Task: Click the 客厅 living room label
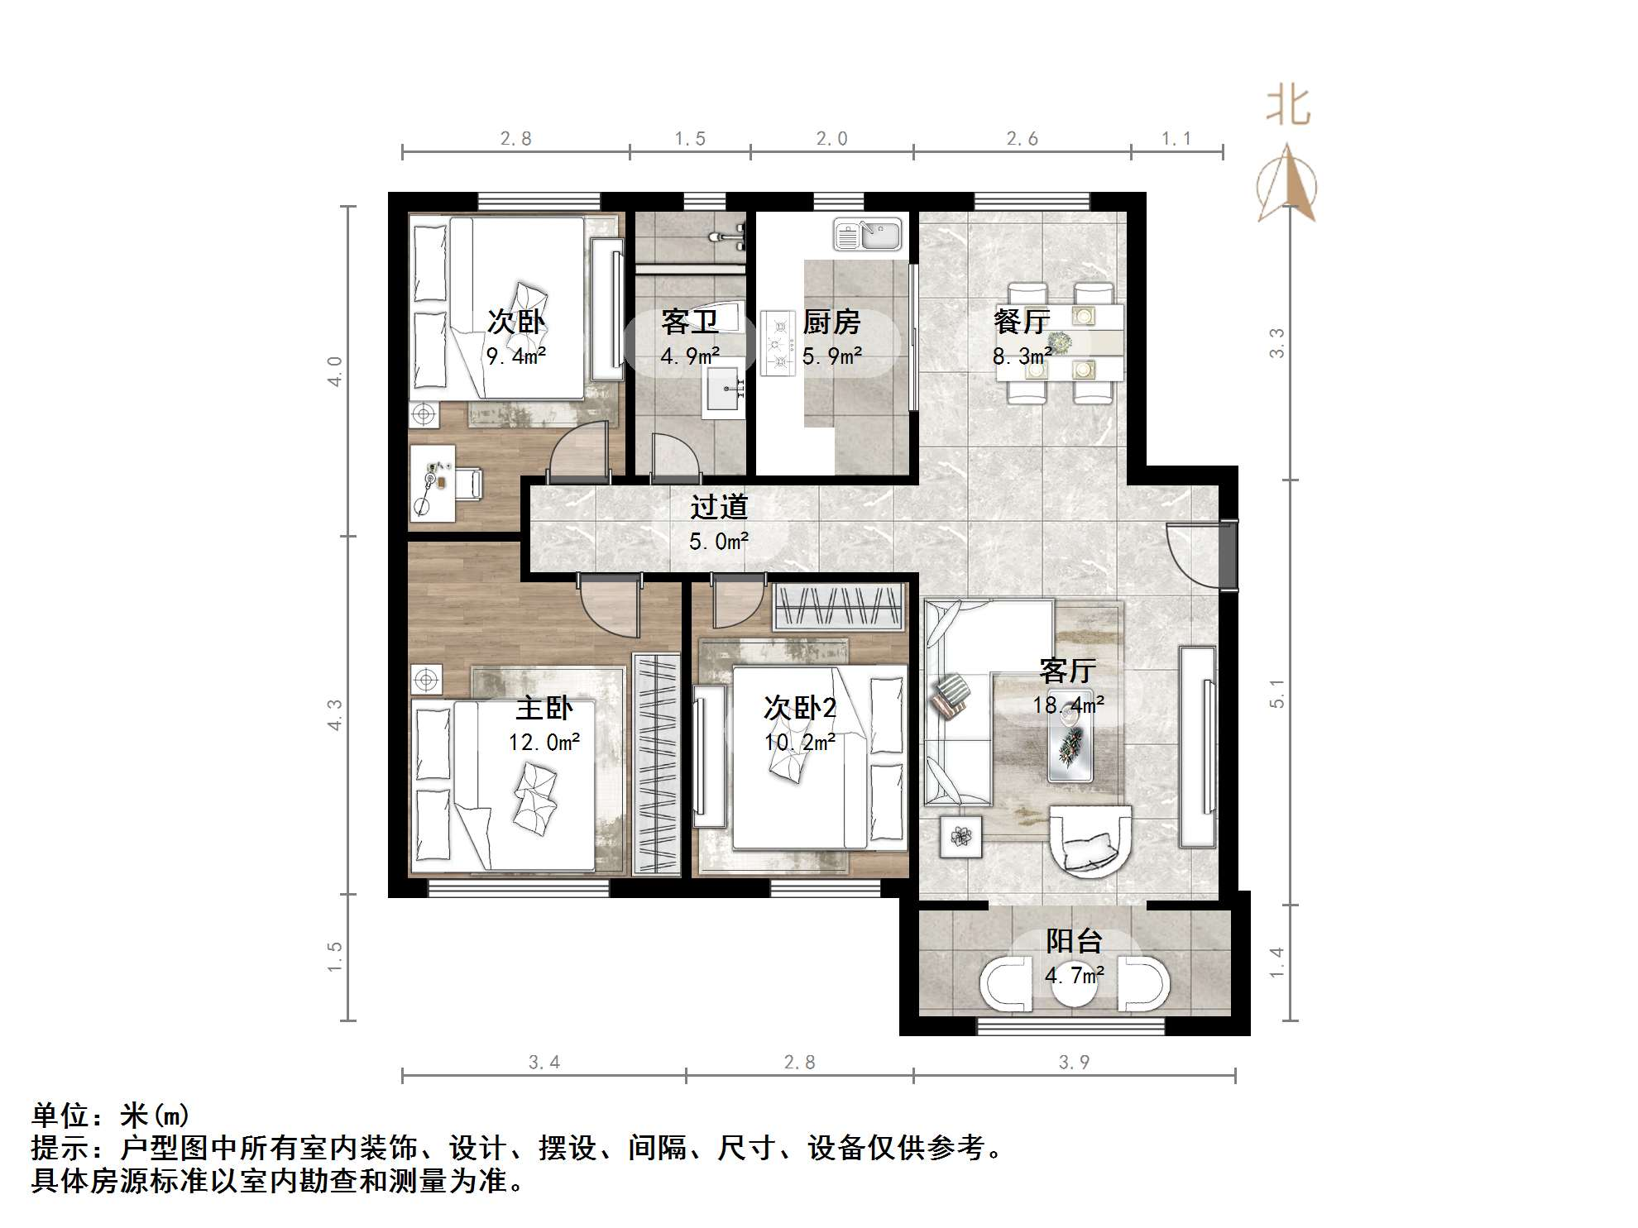coord(1068,670)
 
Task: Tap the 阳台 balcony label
coord(1074,940)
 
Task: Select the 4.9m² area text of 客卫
coord(690,356)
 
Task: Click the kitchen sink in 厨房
coord(867,234)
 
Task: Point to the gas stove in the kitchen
coord(778,342)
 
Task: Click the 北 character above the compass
coord(1288,107)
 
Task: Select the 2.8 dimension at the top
coord(515,139)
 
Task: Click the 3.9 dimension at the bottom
coord(1074,1062)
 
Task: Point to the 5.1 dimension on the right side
coord(1276,693)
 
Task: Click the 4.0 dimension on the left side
coord(335,370)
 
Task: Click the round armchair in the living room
coord(1090,839)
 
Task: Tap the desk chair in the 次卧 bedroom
coord(467,484)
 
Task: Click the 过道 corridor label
coord(719,506)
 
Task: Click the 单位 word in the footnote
coord(60,1116)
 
